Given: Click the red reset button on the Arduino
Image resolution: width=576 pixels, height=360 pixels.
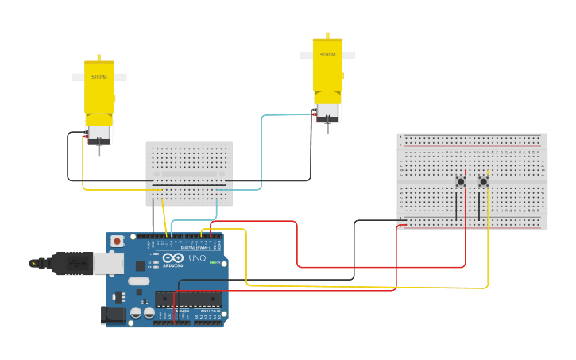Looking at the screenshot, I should (118, 241).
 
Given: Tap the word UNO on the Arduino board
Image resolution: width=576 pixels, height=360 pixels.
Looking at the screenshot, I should (196, 258).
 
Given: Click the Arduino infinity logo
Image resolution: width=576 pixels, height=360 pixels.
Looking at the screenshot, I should (173, 257).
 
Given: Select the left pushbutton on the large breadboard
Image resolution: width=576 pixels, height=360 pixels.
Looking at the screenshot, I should (460, 182).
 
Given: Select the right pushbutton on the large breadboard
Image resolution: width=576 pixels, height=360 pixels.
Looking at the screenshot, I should (483, 182).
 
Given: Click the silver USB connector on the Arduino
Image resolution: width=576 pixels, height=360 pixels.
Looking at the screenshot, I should (108, 263).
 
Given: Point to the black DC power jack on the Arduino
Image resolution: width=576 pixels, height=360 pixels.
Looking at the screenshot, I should (116, 315).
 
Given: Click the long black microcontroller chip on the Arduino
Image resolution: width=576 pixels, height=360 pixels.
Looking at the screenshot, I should (187, 299).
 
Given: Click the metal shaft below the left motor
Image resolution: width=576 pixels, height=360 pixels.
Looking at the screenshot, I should (99, 149).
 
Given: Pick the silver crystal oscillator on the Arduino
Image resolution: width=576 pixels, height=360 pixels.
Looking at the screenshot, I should (138, 281).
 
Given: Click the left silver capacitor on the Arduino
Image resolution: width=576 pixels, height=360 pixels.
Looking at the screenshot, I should (136, 313).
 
